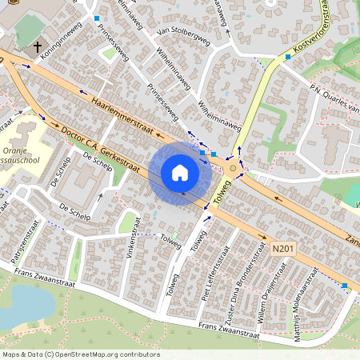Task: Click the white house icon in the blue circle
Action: [x=180, y=172]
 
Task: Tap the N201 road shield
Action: [x=280, y=249]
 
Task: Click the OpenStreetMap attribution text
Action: [x=81, y=354]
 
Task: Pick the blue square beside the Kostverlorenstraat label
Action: [x=288, y=57]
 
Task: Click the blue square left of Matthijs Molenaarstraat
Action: [x=344, y=286]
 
